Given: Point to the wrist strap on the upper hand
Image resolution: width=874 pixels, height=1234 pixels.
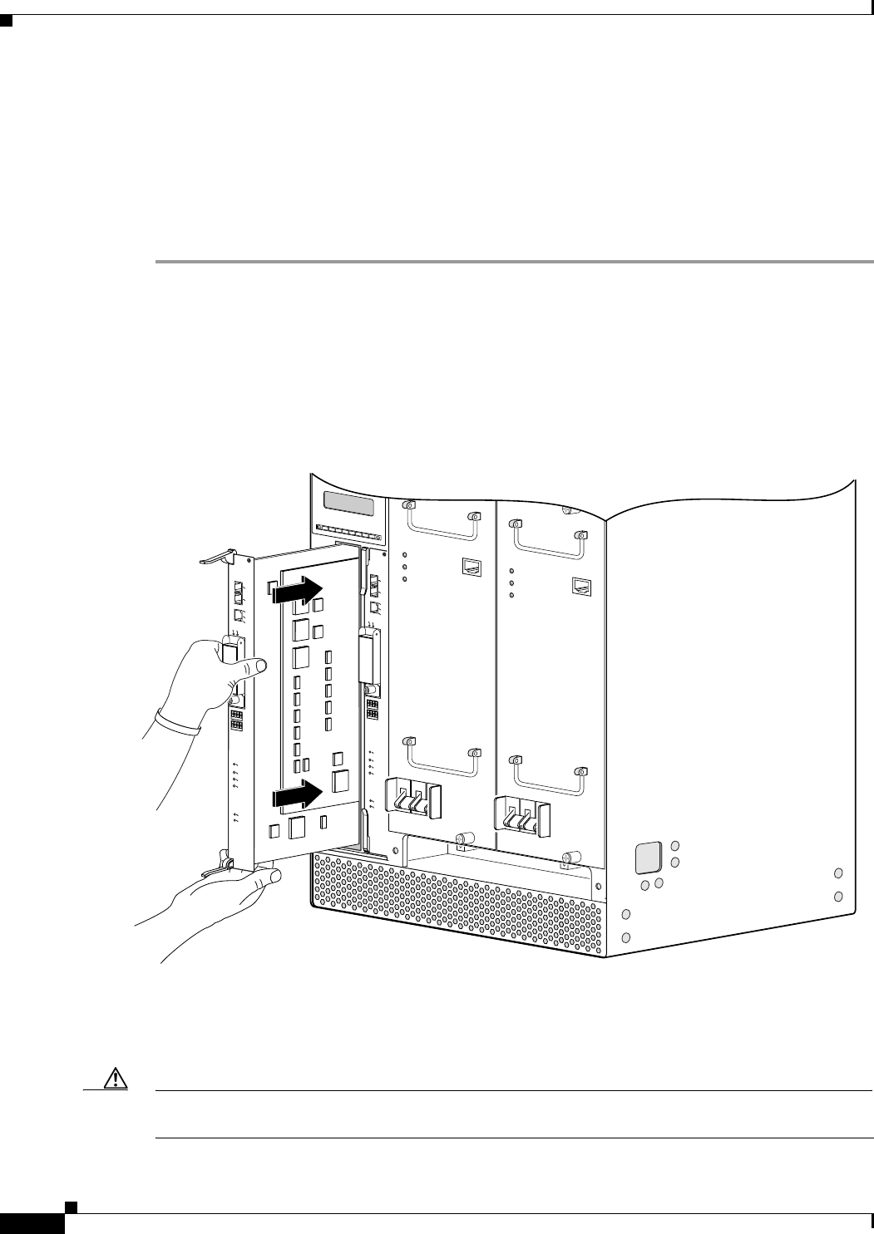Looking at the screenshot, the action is [x=179, y=720].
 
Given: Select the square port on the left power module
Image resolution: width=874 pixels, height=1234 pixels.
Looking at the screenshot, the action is [x=471, y=568].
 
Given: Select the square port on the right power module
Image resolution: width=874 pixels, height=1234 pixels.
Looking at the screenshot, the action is [x=581, y=586].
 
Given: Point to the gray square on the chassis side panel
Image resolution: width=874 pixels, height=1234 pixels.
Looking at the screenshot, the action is [x=648, y=857].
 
